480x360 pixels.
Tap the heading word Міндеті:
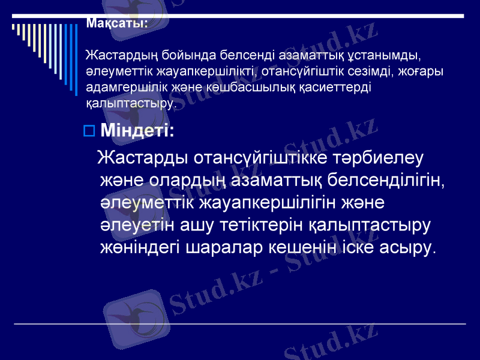[137, 130]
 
